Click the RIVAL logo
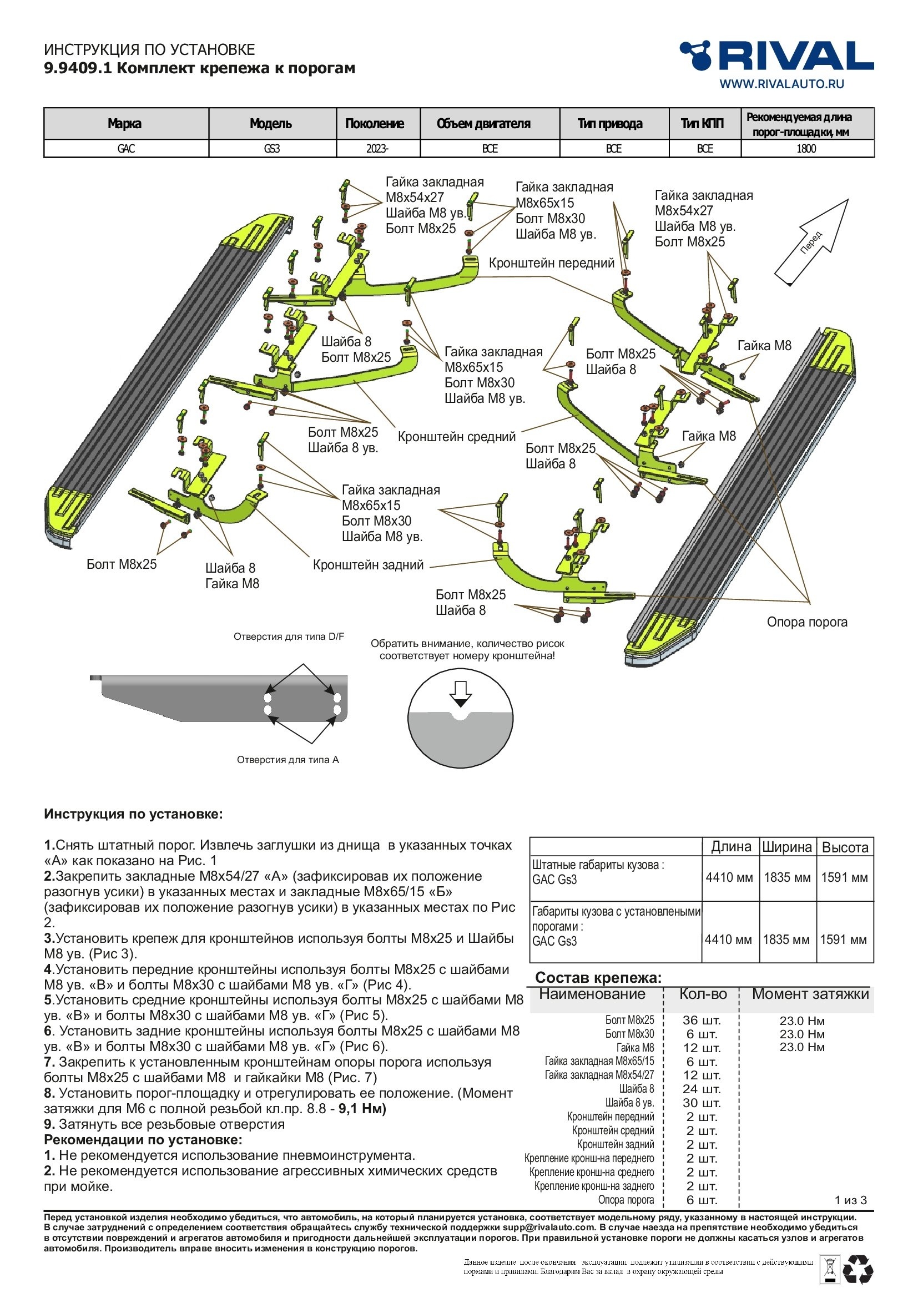[776, 55]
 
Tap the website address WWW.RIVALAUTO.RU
[781, 84]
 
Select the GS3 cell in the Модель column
[272, 149]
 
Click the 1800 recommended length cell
[806, 149]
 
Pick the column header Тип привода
[610, 124]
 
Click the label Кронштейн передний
[551, 263]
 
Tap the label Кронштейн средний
[457, 436]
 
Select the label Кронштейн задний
[368, 565]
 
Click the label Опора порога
[806, 622]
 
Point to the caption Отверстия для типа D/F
[289, 637]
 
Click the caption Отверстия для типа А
[287, 760]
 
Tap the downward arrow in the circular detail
[461, 693]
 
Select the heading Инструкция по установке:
[133, 814]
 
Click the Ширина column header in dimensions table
[787, 847]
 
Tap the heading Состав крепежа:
[598, 977]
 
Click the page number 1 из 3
[850, 1200]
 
